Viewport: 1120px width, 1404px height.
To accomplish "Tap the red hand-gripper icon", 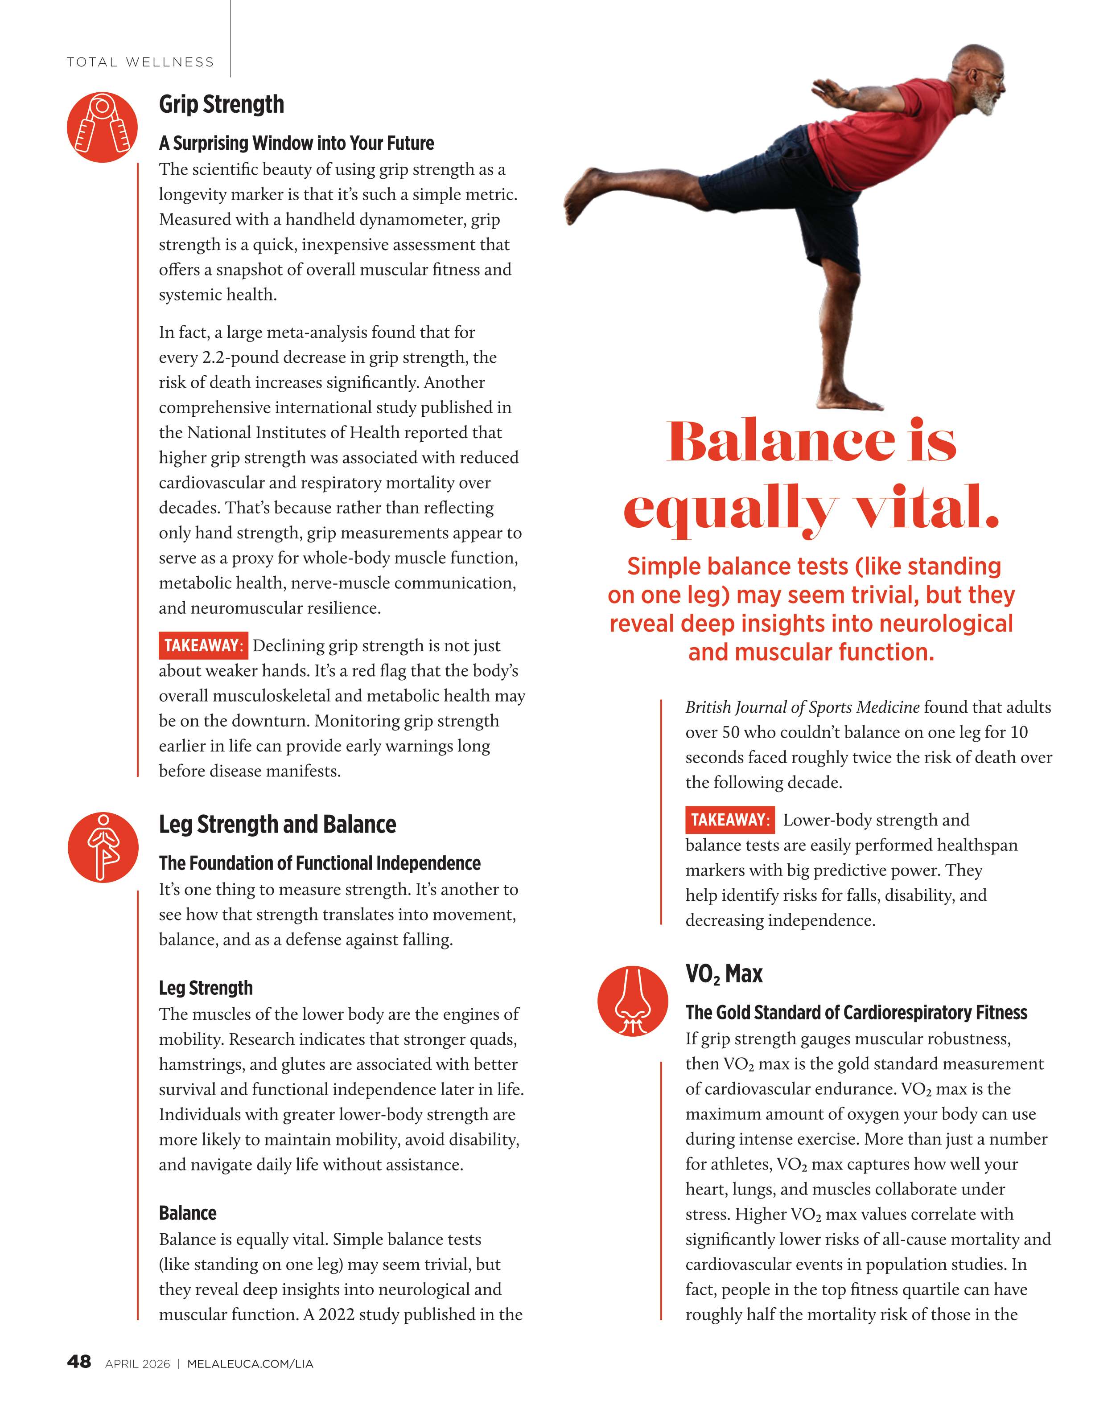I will [x=102, y=127].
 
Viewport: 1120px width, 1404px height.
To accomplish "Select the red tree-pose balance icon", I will [x=103, y=847].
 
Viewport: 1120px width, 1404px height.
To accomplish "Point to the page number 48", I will [x=79, y=1362].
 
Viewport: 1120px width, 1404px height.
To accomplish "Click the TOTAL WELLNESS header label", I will [x=140, y=62].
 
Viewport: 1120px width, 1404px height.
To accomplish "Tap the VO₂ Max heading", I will [x=723, y=973].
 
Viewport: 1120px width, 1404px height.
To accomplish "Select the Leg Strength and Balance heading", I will [x=277, y=825].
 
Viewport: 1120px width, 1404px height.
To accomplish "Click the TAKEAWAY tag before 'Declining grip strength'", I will [x=202, y=645].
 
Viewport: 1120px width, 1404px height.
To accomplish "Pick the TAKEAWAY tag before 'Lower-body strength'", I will [x=729, y=819].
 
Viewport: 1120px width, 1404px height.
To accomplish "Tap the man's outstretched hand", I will [x=828, y=91].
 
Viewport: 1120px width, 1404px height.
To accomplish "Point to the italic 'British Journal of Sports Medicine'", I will [x=802, y=707].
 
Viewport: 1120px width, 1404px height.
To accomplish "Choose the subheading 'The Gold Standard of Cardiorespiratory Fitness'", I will [x=856, y=1013].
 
